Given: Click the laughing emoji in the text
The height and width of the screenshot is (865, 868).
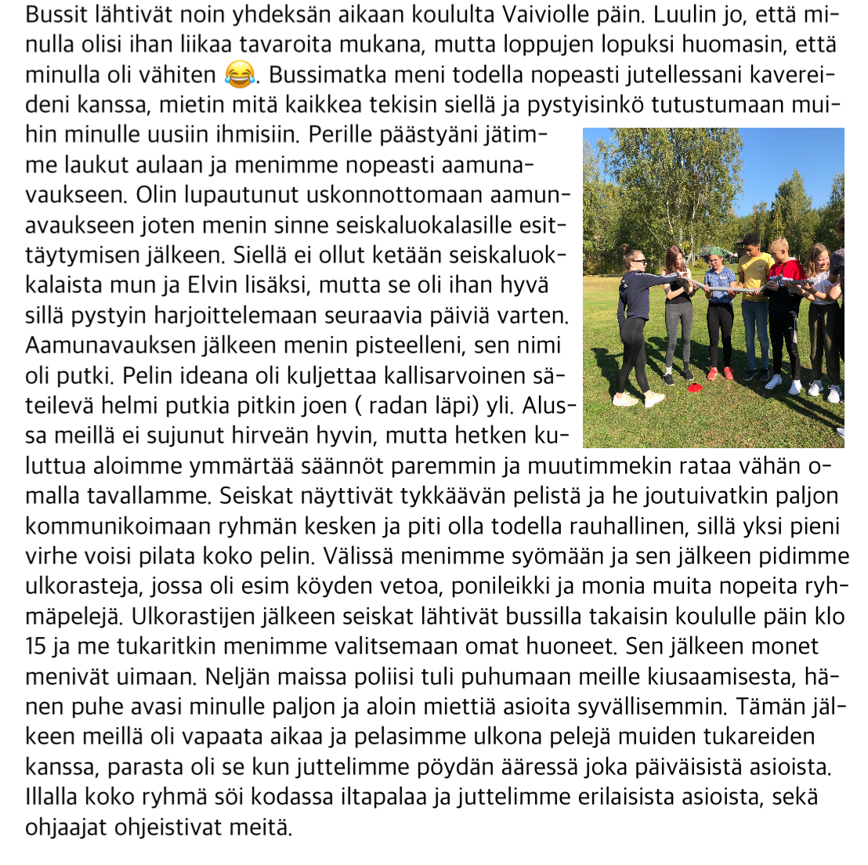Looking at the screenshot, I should tap(241, 75).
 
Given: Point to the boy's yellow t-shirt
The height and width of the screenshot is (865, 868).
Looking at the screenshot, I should tap(755, 275).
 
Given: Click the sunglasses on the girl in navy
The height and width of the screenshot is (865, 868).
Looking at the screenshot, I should tap(638, 260).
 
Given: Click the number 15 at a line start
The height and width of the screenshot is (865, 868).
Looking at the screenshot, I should tap(35, 646).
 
